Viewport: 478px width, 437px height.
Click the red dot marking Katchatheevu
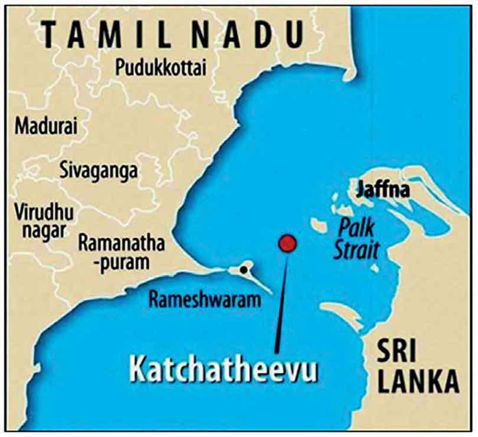287,242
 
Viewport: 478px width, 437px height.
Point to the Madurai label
42,126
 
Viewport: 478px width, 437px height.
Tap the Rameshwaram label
204,300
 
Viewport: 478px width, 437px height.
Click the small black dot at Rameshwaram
243,270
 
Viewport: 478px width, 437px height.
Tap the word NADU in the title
260,35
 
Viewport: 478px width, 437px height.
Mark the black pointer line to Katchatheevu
281,301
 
